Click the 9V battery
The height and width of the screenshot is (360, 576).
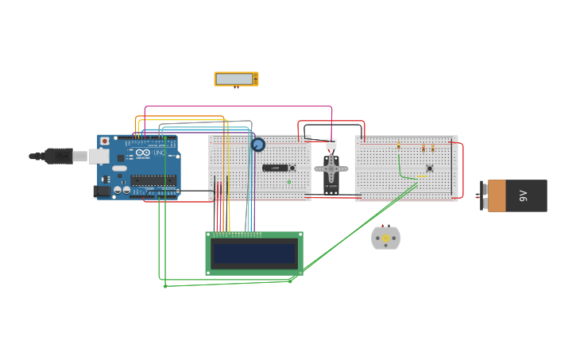click(x=516, y=195)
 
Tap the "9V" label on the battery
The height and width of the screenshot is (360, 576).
click(x=523, y=195)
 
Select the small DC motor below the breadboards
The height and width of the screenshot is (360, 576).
click(x=386, y=238)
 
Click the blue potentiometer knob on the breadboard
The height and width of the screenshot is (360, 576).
click(x=258, y=145)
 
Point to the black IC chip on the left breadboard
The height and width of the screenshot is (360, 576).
click(x=275, y=168)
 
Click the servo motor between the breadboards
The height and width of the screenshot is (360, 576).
click(x=331, y=170)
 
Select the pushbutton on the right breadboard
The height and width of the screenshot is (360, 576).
click(x=430, y=168)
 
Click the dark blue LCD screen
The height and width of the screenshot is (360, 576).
click(x=254, y=254)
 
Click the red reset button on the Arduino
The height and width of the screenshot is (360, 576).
click(x=104, y=141)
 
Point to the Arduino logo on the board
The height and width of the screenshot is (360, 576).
click(x=143, y=153)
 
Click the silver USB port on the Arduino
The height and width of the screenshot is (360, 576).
click(x=99, y=156)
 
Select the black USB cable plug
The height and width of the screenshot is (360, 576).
click(x=58, y=156)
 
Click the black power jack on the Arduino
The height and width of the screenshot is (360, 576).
click(x=102, y=191)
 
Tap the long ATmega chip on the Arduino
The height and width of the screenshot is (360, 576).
click(x=153, y=180)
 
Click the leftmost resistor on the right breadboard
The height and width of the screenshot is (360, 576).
click(x=399, y=146)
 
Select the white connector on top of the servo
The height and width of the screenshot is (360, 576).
click(x=331, y=144)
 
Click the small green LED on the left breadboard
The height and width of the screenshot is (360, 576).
click(x=289, y=182)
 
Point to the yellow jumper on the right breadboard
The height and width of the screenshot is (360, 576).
click(x=422, y=177)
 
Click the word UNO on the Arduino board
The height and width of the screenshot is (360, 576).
click(x=159, y=152)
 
